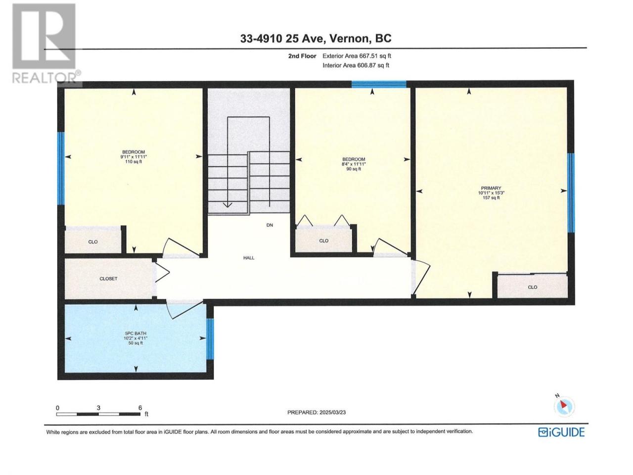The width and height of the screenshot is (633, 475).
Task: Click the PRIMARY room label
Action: pos(491,188)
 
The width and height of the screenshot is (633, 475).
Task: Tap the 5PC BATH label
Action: pos(136,333)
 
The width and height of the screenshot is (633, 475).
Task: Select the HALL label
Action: pos(249,258)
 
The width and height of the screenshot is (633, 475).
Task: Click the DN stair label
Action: pos(270,225)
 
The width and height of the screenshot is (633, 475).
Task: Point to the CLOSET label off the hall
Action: pos(108,279)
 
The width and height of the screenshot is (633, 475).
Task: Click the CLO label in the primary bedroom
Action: pos(532,287)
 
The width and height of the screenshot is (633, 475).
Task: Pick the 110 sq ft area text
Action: pos(134,162)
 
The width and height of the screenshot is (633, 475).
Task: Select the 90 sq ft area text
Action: pos(354,169)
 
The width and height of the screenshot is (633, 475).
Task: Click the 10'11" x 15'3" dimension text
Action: pos(491,193)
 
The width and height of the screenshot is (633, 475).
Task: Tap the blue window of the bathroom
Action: pos(210,339)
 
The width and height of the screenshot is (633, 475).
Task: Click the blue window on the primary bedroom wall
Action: pos(571,192)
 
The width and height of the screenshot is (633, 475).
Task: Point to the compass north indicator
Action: pos(564,407)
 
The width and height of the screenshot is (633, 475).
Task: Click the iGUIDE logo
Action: pos(561,432)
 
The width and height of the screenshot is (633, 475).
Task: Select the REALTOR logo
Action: pos(46,43)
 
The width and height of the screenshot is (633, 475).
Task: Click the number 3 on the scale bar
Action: pos(98,408)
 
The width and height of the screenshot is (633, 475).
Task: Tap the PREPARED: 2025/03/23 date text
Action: pos(316,413)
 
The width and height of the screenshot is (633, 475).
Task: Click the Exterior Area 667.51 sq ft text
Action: pos(357,56)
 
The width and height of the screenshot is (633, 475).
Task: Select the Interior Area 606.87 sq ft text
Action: pos(356,65)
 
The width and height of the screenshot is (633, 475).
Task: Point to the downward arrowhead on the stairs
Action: pos(228,204)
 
